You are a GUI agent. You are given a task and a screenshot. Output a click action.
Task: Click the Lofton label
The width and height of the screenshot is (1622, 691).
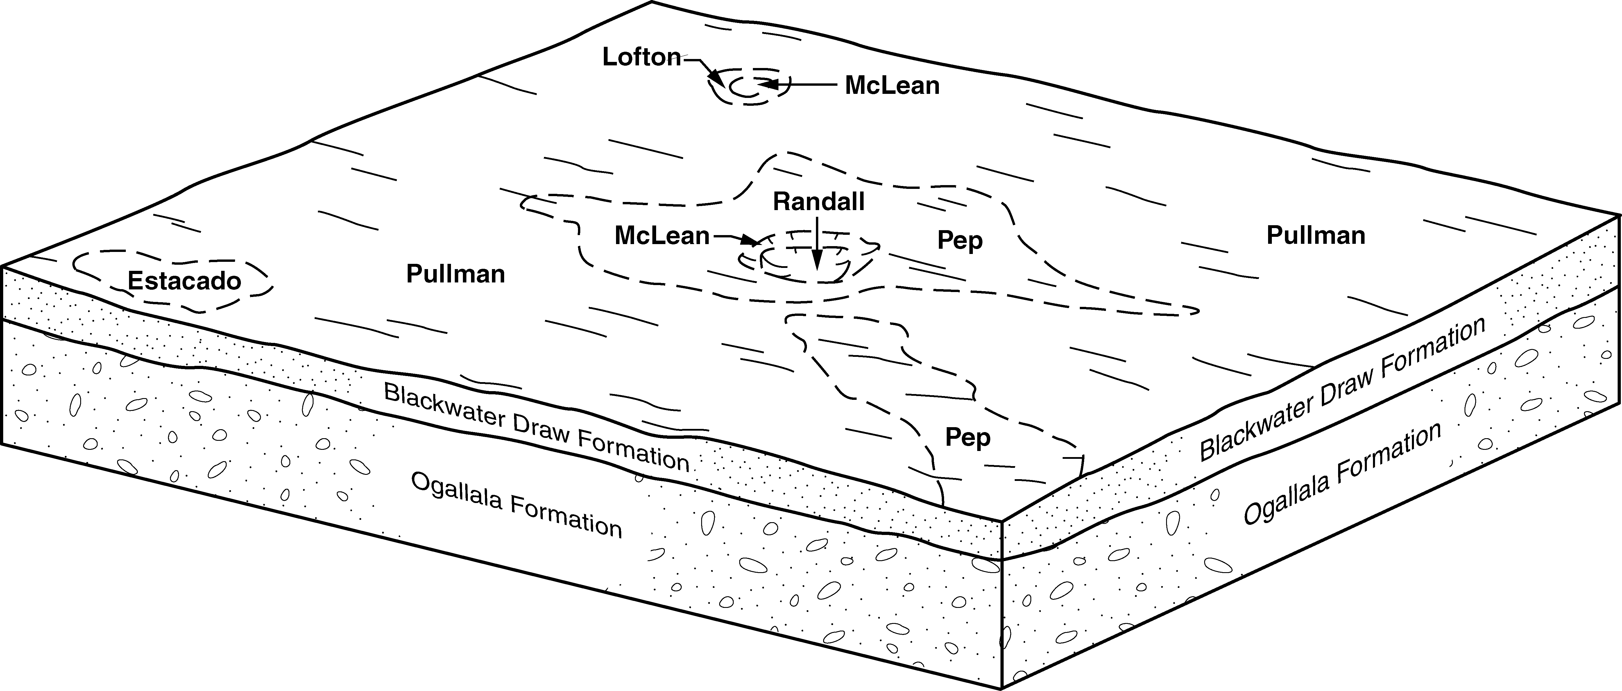click(641, 57)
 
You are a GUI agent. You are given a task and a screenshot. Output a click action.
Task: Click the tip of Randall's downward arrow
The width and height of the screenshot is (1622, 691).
click(817, 285)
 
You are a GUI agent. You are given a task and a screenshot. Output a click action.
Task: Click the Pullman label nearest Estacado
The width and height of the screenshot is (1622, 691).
click(455, 274)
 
